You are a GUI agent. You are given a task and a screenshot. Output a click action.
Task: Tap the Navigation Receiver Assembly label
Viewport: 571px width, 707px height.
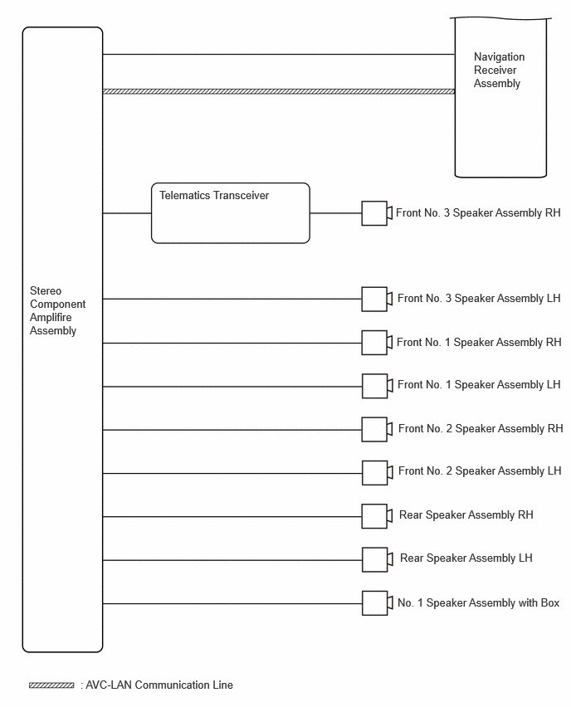click(x=499, y=70)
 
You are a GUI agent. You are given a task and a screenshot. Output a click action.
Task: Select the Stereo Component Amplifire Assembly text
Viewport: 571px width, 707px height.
click(x=57, y=310)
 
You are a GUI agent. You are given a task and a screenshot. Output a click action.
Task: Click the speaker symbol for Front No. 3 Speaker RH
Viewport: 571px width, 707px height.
click(x=377, y=213)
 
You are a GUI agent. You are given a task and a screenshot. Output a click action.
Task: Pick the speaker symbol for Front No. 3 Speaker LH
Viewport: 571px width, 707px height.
click(x=377, y=299)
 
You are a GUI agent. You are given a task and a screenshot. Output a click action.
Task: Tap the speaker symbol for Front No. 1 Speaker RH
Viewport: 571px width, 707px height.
click(x=377, y=343)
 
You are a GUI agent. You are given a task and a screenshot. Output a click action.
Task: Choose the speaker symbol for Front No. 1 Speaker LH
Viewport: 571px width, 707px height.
click(x=378, y=386)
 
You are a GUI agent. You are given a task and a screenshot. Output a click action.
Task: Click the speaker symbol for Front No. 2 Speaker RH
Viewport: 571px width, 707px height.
click(x=378, y=429)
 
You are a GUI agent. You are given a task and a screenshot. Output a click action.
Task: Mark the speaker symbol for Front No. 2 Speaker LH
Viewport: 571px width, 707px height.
click(x=378, y=473)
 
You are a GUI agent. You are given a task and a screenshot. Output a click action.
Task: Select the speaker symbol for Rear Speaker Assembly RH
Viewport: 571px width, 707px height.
click(x=378, y=516)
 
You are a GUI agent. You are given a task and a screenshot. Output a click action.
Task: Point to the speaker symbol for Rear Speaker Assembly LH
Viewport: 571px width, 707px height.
click(x=378, y=559)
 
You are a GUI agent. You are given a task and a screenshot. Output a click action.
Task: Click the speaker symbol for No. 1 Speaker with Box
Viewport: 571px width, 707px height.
click(x=378, y=603)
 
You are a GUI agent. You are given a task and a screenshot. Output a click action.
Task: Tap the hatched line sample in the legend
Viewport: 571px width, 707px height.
click(x=51, y=685)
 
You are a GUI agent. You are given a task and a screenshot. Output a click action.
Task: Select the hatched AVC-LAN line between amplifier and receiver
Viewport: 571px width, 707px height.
click(x=279, y=91)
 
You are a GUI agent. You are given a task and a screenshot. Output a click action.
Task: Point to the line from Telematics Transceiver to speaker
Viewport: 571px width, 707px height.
click(x=336, y=213)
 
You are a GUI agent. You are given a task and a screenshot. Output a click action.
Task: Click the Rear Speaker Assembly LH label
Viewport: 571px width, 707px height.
click(x=466, y=558)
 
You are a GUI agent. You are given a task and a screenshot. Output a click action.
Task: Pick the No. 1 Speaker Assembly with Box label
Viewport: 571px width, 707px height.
click(x=479, y=602)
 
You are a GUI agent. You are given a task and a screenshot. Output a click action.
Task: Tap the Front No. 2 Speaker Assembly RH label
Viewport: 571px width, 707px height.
click(x=481, y=429)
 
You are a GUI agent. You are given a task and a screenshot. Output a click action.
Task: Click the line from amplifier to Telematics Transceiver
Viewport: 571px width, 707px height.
click(x=127, y=213)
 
